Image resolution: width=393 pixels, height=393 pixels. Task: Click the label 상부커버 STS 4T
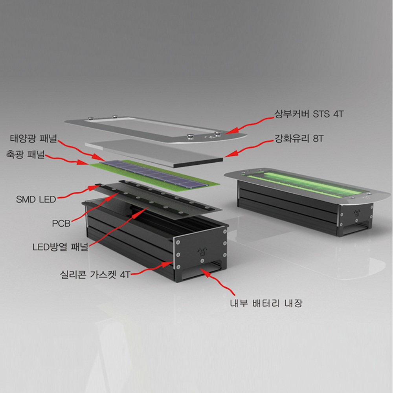pos(309,114)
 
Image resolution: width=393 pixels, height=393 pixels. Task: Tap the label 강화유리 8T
pos(299,138)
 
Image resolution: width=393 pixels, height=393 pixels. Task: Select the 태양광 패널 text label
pos(33,138)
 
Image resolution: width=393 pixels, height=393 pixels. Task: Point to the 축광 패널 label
pos(25,154)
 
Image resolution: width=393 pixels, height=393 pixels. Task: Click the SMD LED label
pos(36,200)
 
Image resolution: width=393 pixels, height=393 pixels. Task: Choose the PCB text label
pos(61,223)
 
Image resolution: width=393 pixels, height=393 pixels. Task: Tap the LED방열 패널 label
pos(60,247)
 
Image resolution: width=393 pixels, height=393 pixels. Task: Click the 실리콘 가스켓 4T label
pos(95,274)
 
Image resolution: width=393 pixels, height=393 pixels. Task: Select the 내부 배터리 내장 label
pos(266,303)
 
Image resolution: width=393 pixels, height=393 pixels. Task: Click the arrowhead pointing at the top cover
pos(232,131)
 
